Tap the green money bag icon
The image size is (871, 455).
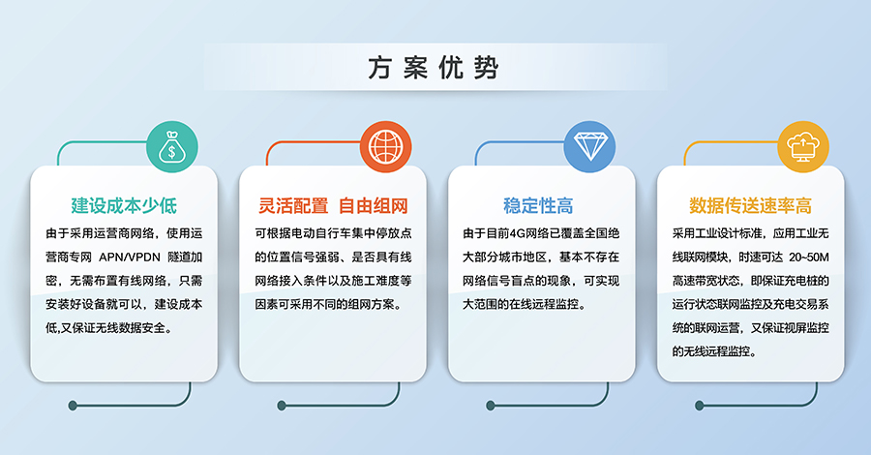coord(171,147)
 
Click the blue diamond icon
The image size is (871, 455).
coord(589,147)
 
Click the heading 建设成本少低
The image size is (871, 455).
coord(125,205)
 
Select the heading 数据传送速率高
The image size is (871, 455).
coord(750,205)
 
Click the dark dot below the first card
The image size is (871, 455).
coord(73,406)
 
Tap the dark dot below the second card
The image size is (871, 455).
coord(282,406)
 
